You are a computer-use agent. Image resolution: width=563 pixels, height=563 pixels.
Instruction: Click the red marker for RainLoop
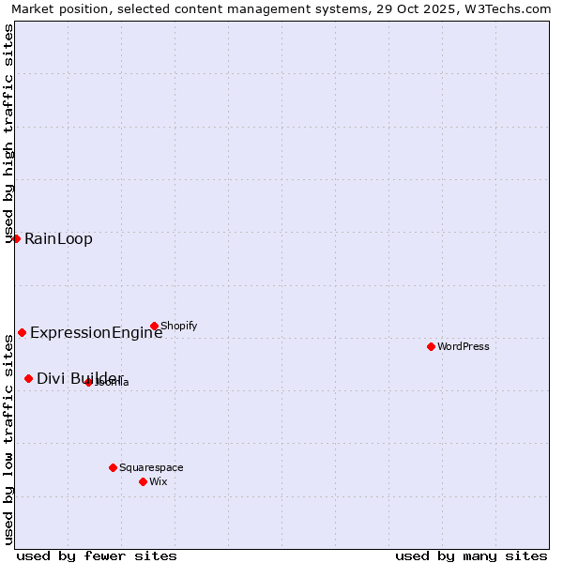tap(16, 238)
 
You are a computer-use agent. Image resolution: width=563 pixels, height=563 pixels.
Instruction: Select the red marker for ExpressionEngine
tap(22, 332)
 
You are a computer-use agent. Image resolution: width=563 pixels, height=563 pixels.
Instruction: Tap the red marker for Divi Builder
tap(28, 378)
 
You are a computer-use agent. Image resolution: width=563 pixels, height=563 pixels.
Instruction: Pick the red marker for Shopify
tap(154, 326)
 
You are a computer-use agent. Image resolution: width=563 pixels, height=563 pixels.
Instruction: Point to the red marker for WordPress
tap(431, 346)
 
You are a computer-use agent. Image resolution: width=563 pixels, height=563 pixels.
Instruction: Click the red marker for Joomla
tap(88, 382)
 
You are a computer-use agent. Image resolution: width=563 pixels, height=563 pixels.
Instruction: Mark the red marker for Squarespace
tap(113, 467)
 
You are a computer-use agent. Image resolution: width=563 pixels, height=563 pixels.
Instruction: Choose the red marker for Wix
tap(143, 481)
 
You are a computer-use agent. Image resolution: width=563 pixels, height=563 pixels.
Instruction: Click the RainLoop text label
tap(58, 238)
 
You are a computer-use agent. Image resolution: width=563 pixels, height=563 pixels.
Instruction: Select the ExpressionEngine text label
tap(96, 332)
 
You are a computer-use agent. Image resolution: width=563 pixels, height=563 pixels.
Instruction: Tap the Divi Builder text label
tap(80, 378)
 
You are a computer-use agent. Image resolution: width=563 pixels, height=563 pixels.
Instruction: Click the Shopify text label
tap(178, 326)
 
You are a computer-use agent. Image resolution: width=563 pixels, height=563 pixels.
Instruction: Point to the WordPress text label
tap(464, 346)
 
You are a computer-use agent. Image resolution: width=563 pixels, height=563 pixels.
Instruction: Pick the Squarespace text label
tap(151, 467)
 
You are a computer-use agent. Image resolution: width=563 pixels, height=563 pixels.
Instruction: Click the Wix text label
tap(158, 481)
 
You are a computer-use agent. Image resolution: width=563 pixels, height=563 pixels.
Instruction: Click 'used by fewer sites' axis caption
tap(97, 555)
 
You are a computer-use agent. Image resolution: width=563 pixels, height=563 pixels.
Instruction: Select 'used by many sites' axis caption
tap(471, 555)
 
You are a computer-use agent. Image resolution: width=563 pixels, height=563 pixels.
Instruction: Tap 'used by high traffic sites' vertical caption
tap(8, 133)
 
